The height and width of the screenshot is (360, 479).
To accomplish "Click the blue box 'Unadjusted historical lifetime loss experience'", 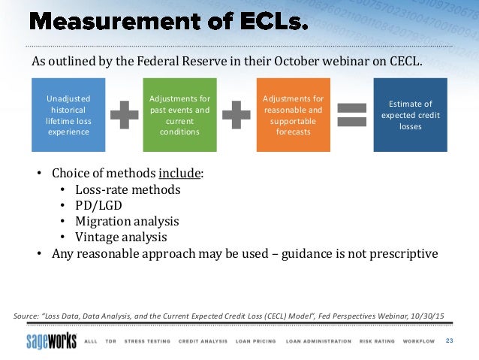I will click(68, 114).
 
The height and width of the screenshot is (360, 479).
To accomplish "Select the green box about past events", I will click(179, 114).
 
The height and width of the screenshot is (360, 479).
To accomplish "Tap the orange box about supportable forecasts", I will click(293, 114).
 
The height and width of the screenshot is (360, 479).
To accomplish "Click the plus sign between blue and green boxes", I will click(124, 115).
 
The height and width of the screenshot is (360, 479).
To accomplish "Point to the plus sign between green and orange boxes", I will click(236, 115).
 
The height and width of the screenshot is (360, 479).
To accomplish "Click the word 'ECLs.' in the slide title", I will click(271, 23).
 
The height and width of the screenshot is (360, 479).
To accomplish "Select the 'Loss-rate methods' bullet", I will click(128, 189).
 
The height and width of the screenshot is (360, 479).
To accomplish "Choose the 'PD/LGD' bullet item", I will click(100, 205).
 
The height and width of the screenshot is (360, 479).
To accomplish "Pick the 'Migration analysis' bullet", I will click(127, 221).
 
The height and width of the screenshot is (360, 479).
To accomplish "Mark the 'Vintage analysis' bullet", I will click(121, 237).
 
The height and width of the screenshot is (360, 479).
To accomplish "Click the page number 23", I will click(450, 341).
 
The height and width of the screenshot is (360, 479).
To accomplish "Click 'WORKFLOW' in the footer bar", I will click(417, 341).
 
